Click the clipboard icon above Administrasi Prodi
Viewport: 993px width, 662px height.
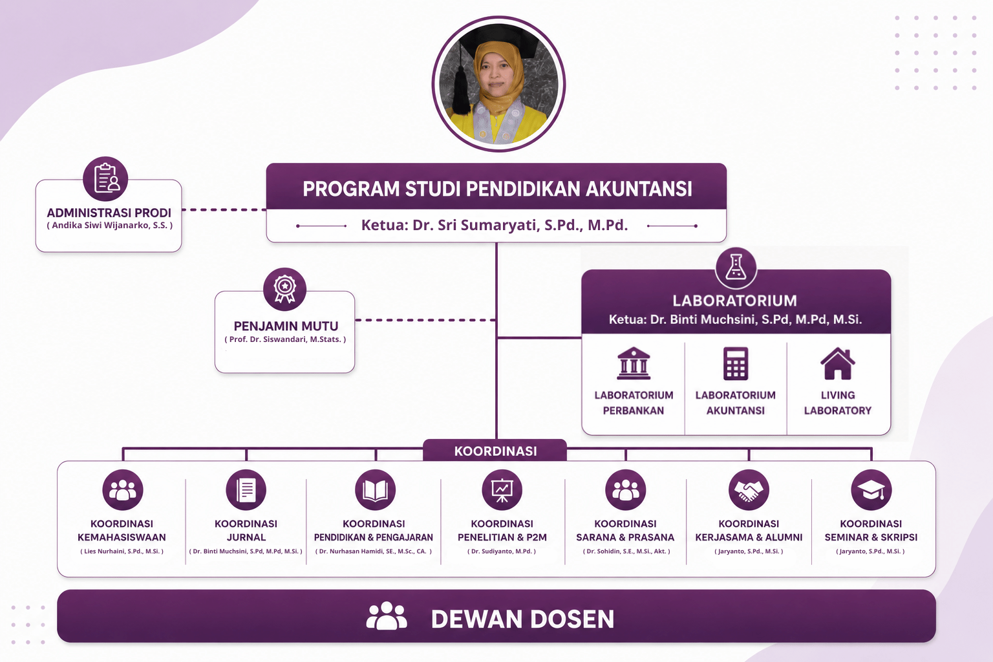(105, 178)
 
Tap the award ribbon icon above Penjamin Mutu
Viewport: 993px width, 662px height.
(284, 289)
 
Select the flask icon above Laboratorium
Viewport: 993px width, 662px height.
(736, 268)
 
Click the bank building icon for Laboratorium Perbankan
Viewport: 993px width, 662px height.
(634, 363)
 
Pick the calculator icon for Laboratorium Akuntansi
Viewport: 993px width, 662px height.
(736, 363)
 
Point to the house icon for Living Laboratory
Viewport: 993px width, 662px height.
(837, 363)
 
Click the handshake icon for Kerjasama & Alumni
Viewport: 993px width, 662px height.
(749, 490)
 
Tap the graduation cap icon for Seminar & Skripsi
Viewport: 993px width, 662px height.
(871, 490)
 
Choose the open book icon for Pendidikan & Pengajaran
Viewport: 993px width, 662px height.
(375, 490)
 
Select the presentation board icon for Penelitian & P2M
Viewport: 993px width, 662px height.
(502, 490)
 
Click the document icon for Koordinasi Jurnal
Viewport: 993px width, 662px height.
(246, 490)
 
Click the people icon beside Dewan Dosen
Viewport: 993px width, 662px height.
(387, 615)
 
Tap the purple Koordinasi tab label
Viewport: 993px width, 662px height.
(495, 451)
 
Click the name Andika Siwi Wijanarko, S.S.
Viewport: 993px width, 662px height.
(110, 225)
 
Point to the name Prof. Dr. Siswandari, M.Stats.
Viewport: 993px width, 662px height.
(285, 339)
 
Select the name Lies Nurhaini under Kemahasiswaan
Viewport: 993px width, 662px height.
(122, 551)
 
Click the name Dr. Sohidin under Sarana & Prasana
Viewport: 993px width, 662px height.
(626, 551)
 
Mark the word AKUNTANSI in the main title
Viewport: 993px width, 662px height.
(639, 188)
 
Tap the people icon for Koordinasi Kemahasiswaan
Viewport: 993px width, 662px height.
(123, 490)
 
